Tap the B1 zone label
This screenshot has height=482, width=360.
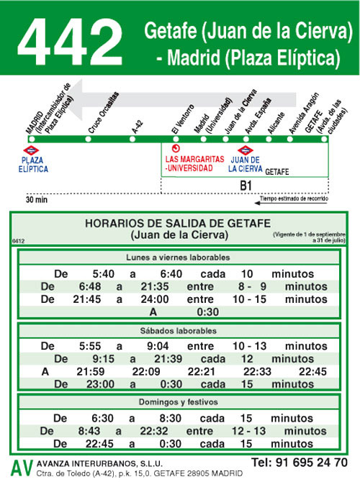[246, 186]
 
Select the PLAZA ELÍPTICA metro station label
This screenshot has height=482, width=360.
[35, 164]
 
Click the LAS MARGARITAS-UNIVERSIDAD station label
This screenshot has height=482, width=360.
[189, 164]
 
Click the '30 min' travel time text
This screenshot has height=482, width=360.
[36, 199]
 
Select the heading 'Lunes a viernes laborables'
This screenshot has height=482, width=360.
[177, 258]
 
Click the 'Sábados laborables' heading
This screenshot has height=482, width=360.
[177, 331]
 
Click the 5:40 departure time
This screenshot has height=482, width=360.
[104, 274]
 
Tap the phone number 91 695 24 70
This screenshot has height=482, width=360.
[299, 462]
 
